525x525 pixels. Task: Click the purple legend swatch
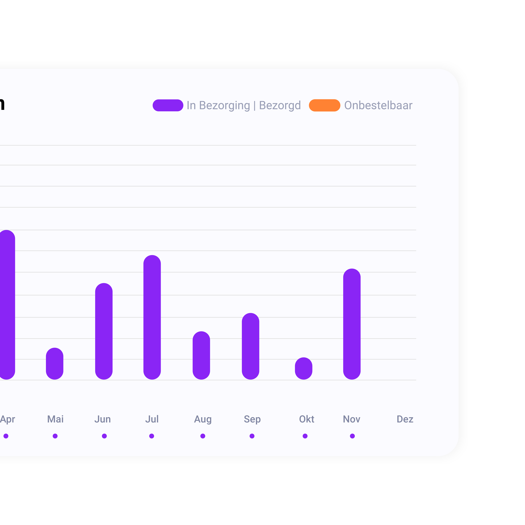pyautogui.click(x=168, y=105)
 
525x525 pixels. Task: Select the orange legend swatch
pyautogui.click(x=324, y=105)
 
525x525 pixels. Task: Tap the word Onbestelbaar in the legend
pyautogui.click(x=378, y=105)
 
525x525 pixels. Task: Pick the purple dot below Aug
pyautogui.click(x=203, y=436)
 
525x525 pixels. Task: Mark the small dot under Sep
pyautogui.click(x=252, y=436)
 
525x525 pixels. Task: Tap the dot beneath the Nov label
pyautogui.click(x=352, y=436)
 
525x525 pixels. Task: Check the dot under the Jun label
pyautogui.click(x=104, y=436)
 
